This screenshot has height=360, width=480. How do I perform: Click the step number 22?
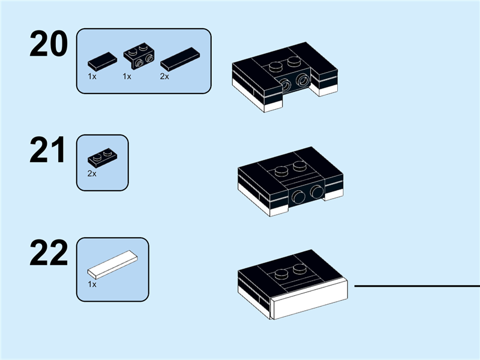(x=48, y=254)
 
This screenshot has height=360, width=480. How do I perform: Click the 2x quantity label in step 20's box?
(x=164, y=77)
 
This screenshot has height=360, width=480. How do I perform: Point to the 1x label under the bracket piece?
(x=127, y=77)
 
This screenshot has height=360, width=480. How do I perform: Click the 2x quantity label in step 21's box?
(x=92, y=173)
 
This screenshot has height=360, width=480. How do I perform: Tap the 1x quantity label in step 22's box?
(x=92, y=284)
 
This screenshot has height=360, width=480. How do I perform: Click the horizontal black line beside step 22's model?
(x=416, y=286)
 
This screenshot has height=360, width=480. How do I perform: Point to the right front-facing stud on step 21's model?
(x=316, y=193)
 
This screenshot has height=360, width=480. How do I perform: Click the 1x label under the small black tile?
(x=92, y=77)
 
